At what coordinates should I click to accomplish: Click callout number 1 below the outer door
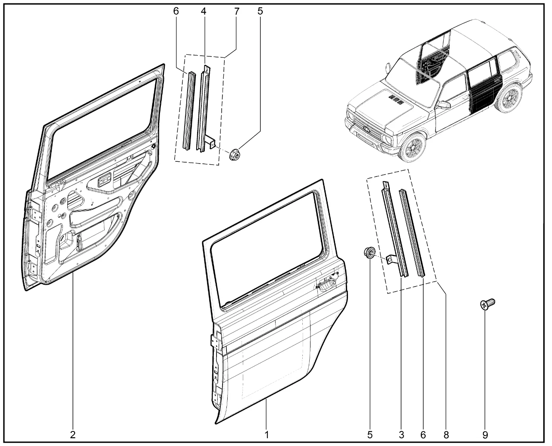click(267, 435)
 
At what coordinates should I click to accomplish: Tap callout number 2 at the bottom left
click(72, 435)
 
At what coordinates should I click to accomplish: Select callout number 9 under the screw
click(485, 435)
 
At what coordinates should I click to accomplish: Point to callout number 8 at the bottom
click(446, 435)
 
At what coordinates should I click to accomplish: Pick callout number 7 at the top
click(237, 11)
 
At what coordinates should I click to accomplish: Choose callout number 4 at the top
click(203, 11)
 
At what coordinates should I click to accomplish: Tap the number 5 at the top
click(260, 11)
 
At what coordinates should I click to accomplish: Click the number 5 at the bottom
click(370, 435)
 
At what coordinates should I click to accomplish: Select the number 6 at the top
click(176, 11)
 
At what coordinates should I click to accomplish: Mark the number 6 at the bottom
click(423, 435)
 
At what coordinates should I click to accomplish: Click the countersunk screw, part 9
click(487, 305)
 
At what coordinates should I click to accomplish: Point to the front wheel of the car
click(412, 147)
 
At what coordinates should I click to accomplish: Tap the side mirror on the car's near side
click(444, 105)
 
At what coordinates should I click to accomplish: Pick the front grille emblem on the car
click(365, 127)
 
